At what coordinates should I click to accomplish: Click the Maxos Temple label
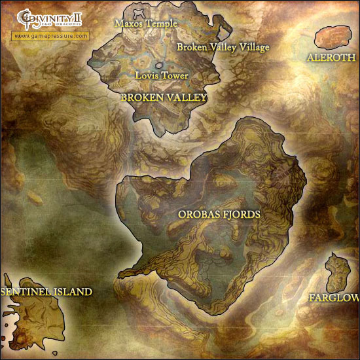tap(146, 23)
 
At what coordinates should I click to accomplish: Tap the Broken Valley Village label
tap(223, 47)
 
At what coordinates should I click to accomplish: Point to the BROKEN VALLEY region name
tap(164, 98)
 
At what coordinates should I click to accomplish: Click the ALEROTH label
tap(331, 58)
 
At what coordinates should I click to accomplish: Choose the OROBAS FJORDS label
tap(219, 214)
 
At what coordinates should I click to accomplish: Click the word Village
tap(255, 47)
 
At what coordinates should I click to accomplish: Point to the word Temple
tap(162, 23)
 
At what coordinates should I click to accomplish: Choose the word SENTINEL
tap(26, 291)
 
